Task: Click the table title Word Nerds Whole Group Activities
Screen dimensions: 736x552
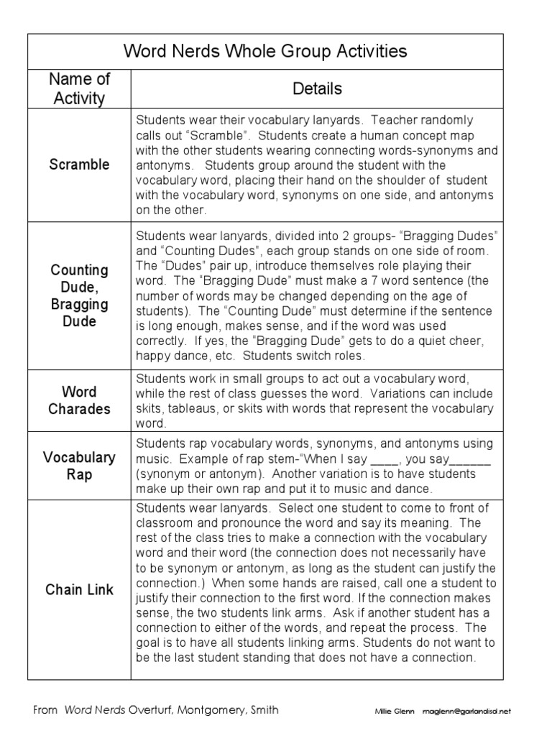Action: pos(266,51)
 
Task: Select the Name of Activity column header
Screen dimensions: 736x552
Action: pos(79,88)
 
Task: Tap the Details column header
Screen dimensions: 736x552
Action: pos(317,88)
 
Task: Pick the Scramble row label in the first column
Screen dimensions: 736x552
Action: pos(79,165)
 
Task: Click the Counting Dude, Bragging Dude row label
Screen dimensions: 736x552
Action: pos(79,295)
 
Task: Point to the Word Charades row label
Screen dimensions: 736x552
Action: pos(79,400)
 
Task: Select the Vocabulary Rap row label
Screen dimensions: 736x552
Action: pos(79,466)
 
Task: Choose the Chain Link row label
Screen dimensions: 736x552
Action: pos(79,589)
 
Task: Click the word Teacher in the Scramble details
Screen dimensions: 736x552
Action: pos(394,119)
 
